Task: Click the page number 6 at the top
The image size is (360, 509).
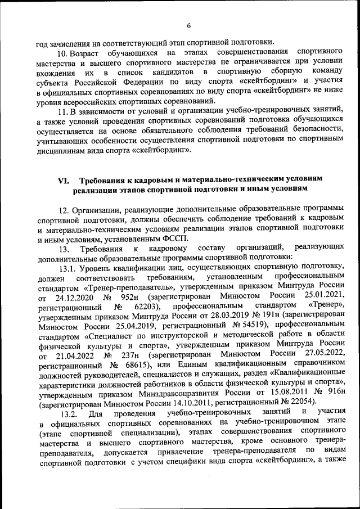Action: coord(189,25)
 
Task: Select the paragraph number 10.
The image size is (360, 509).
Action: coord(64,53)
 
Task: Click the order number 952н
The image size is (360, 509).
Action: coord(129,298)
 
